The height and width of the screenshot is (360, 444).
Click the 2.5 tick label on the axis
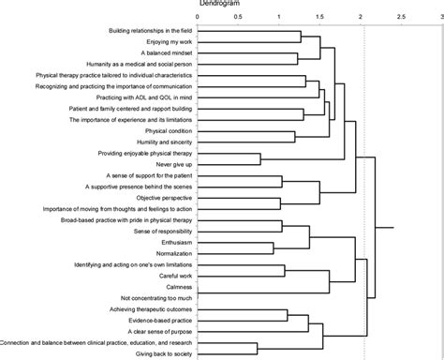coord(402,18)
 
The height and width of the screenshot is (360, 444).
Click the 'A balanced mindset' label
coord(163,53)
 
